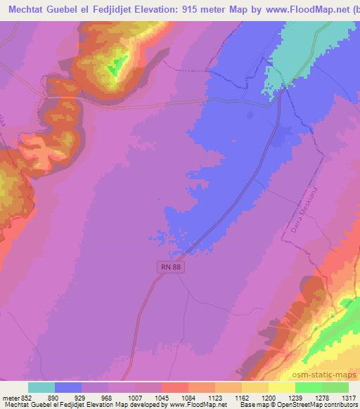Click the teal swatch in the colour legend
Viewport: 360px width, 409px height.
click(41, 387)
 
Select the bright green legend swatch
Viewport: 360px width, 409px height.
click(309, 387)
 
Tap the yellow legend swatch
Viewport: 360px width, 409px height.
click(282, 387)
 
